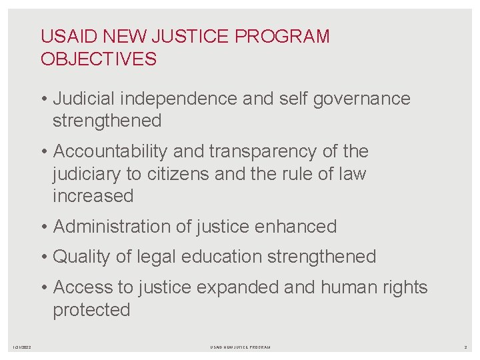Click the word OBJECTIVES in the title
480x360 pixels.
(99, 59)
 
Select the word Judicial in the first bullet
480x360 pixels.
(78, 99)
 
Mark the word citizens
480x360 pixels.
(171, 174)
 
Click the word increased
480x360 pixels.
(93, 196)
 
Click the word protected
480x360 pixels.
(91, 310)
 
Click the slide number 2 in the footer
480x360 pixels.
(466, 347)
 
